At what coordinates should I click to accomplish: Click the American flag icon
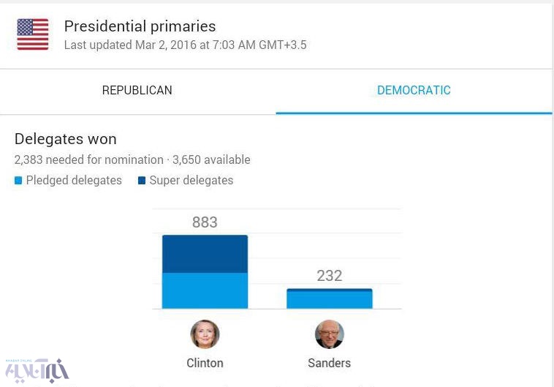33,34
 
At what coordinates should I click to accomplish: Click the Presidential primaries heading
140,26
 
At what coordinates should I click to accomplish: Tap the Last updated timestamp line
185,45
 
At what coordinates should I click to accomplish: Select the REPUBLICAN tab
137,91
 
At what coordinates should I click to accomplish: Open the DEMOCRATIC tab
414,91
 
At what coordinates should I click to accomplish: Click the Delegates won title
65,139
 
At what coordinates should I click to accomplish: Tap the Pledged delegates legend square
18,181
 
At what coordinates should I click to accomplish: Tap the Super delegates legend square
142,181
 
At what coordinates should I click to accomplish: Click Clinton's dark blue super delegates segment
205,254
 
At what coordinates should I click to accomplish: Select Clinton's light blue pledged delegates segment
205,290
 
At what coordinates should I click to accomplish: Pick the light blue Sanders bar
329,300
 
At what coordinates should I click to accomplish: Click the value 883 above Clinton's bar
205,222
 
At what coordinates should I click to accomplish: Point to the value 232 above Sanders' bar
329,276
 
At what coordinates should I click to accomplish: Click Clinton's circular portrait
205,334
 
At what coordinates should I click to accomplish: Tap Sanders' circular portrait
329,334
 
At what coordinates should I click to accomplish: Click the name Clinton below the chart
205,363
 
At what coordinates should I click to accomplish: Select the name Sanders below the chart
329,363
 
